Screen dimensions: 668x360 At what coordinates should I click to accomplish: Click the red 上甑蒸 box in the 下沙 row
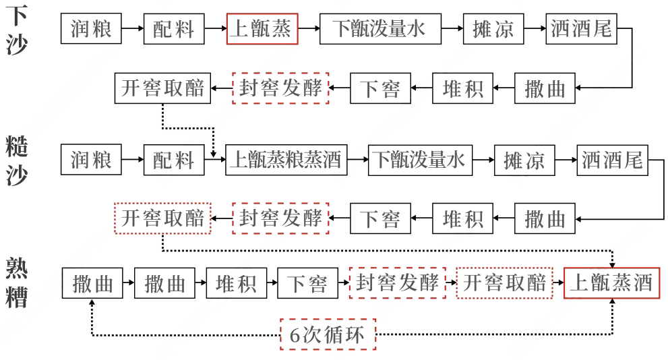click(x=262, y=28)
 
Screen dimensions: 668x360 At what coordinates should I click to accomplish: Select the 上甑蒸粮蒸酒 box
click(x=286, y=160)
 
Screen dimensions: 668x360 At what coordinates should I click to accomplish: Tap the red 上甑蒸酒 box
click(x=612, y=282)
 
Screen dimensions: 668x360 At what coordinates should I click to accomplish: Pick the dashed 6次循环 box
click(x=328, y=334)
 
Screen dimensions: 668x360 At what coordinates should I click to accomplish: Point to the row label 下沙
click(x=17, y=30)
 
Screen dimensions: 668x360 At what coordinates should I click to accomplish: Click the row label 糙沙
click(x=17, y=160)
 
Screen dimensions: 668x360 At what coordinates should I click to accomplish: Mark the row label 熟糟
click(x=17, y=282)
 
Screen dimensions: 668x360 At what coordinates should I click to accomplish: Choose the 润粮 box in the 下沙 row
click(x=91, y=28)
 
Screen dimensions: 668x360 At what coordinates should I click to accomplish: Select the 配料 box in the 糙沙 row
click(x=174, y=160)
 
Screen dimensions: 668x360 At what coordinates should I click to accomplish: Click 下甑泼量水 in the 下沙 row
click(x=380, y=28)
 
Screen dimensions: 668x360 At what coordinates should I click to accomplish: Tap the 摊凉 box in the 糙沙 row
click(x=524, y=160)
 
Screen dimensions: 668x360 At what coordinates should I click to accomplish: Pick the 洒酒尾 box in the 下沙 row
click(x=582, y=28)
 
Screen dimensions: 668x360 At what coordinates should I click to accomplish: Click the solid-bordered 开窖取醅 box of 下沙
click(x=162, y=88)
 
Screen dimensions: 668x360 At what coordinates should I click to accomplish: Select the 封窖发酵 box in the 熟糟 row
click(x=398, y=282)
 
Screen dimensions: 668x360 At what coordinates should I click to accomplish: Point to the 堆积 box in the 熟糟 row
click(x=237, y=283)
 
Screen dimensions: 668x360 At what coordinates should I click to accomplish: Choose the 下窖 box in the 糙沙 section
click(x=380, y=218)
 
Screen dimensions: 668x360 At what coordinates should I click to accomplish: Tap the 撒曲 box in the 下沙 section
click(x=545, y=88)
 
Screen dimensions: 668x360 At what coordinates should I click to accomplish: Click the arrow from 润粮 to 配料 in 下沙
click(x=133, y=28)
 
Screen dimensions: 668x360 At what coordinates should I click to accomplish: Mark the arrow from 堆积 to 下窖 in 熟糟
click(x=272, y=282)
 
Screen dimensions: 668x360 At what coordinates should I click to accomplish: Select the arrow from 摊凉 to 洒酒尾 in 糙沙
click(x=566, y=160)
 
